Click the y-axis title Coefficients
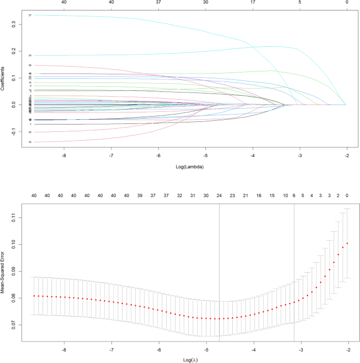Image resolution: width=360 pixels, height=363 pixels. tap(3, 78)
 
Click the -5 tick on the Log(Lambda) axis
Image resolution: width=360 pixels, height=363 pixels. tap(206, 155)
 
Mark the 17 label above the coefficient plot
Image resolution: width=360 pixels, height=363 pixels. tap(253, 2)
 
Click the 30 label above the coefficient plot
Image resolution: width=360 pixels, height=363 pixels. tap(206, 2)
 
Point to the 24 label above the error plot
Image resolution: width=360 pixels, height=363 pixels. tap(219, 195)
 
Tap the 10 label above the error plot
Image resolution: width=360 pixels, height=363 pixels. tap(285, 195)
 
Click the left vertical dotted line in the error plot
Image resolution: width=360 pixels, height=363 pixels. tap(219, 263)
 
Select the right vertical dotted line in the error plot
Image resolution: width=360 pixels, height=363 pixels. tap(294, 263)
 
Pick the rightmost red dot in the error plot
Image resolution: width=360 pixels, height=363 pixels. tap(347, 243)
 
